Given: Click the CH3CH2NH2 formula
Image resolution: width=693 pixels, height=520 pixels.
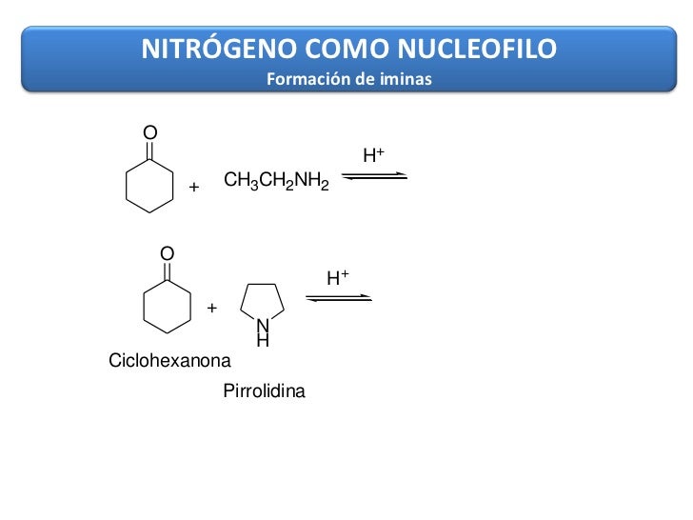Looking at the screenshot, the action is click(276, 181).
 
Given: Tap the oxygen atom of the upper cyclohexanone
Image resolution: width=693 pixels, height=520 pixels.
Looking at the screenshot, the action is click(149, 130).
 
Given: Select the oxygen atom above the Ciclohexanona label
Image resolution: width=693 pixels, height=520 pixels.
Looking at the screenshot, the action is click(167, 253).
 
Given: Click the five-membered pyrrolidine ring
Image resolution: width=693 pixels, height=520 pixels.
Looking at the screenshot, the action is click(264, 302).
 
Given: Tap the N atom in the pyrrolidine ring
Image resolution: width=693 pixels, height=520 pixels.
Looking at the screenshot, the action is click(264, 325).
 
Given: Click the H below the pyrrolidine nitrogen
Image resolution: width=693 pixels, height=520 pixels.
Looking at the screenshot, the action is click(264, 339).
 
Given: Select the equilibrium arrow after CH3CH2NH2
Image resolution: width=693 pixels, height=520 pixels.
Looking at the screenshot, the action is click(374, 177).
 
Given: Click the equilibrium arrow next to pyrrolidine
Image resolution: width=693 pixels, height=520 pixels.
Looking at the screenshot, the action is click(338, 298).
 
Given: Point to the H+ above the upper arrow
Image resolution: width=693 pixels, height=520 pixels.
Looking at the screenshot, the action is click(373, 154).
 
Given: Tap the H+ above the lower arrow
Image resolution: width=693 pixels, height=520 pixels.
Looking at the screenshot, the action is click(338, 277).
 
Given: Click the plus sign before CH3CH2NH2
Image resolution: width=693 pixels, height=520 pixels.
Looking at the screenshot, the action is click(194, 188).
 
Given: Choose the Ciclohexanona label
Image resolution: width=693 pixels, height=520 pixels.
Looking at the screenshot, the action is click(169, 362).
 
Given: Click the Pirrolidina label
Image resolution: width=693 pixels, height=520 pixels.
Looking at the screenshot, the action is click(264, 390).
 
